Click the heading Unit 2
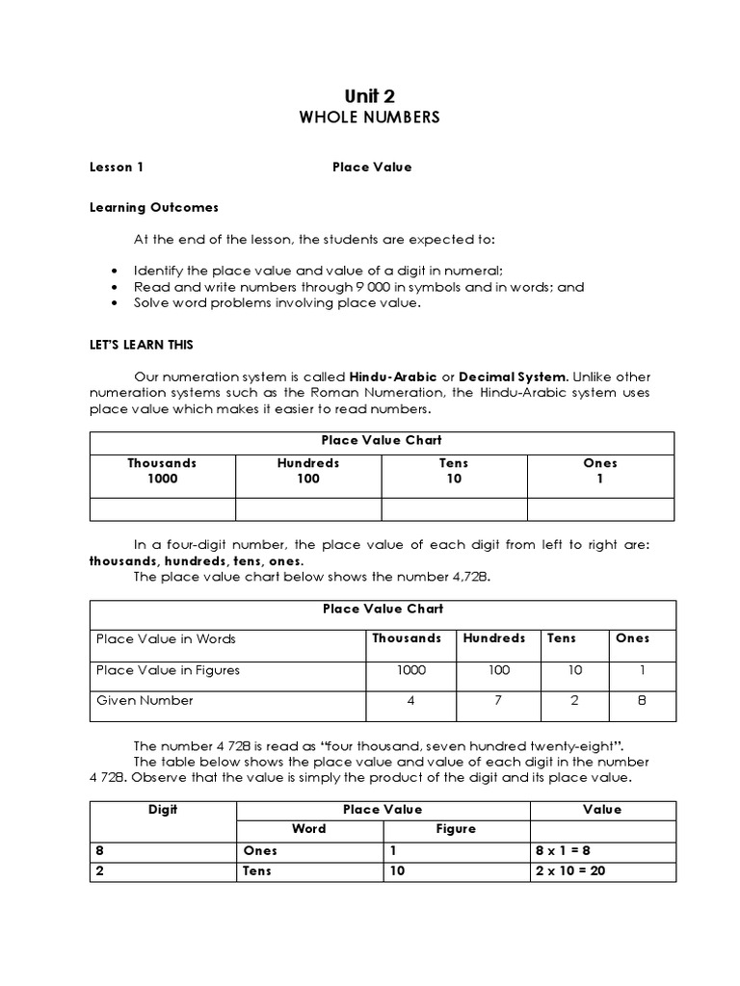click(x=370, y=95)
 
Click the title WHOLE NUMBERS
click(x=370, y=117)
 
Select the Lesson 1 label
click(x=117, y=167)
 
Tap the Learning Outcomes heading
click(x=154, y=207)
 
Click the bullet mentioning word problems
click(x=277, y=302)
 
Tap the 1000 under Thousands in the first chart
click(x=163, y=479)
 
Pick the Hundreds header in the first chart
click(x=308, y=463)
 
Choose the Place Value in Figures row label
click(x=168, y=669)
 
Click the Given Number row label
click(x=145, y=700)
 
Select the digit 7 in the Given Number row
click(x=498, y=700)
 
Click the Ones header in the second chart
click(x=633, y=637)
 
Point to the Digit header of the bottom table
click(x=163, y=810)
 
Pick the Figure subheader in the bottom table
click(x=457, y=829)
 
